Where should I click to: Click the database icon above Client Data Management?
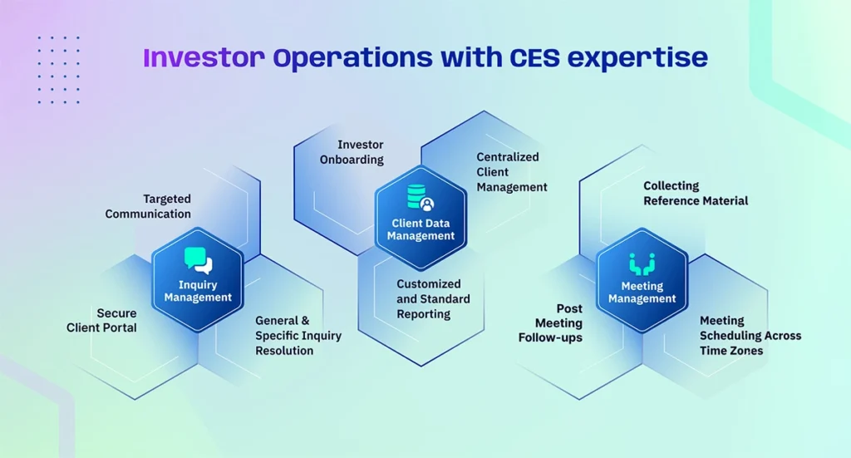421,199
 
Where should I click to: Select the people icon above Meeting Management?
642,265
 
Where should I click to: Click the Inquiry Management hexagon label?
198,291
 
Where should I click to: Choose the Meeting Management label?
642,293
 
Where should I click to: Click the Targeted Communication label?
148,206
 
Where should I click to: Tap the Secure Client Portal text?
102,320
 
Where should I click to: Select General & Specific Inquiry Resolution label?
284,335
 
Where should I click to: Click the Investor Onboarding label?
352,152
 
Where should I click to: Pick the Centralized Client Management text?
512,171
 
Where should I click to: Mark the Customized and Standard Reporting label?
433,298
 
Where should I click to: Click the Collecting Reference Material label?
696,193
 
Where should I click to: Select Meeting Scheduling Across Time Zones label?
750,335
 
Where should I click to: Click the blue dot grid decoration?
58,70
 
